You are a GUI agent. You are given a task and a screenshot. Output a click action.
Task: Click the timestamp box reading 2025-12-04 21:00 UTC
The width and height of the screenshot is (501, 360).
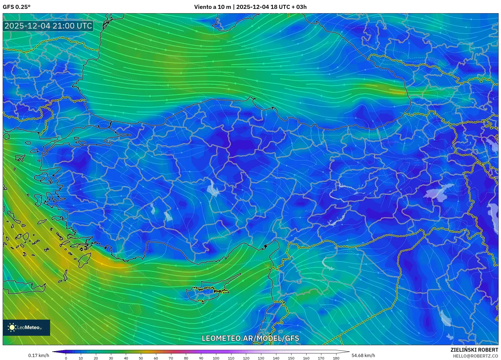pos(48,26)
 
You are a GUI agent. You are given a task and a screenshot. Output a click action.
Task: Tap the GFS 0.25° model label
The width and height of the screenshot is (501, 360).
pos(16,7)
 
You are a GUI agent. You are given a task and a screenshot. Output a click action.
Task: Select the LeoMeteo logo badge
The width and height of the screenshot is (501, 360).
pos(26,327)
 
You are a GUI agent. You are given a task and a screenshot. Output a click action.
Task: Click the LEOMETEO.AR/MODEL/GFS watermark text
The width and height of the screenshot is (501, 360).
pos(250,338)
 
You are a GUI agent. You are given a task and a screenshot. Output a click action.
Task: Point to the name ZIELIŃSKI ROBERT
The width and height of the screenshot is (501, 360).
pos(474,350)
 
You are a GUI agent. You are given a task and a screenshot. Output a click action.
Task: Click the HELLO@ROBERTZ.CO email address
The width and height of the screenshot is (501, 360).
pos(475,356)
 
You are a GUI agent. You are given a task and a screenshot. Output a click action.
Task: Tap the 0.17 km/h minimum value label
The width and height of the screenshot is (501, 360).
pos(39,355)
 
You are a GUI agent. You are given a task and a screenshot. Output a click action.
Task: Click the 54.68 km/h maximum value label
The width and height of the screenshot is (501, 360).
pos(363,355)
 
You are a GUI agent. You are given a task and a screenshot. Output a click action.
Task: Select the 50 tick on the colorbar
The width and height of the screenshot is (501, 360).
pos(141,358)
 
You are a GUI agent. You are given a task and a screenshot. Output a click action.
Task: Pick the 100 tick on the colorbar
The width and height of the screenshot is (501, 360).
pos(216,358)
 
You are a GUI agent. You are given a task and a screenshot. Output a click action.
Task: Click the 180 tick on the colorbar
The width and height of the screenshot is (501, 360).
pos(336,358)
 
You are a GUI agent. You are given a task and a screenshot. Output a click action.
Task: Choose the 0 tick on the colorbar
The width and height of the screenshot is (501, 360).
pos(66,358)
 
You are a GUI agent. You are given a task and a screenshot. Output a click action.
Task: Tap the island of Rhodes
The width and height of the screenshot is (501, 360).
pos(84,259)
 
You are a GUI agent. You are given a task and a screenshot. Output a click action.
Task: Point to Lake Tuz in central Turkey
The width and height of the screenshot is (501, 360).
pos(213,188)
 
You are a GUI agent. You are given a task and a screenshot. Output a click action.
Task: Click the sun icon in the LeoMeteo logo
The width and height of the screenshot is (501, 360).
pos(12,327)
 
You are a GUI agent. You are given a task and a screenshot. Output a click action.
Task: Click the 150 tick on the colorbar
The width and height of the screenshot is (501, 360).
pos(291,358)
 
